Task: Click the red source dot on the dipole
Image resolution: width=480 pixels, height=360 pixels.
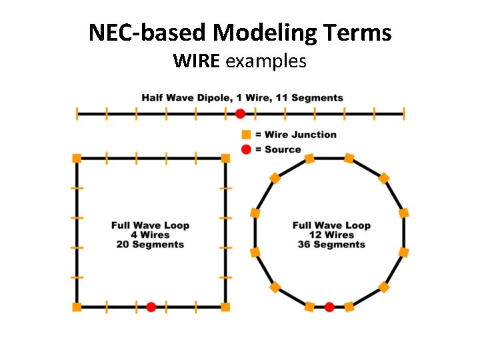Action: point(240,113)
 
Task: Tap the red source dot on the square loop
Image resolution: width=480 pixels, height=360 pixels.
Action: point(151,307)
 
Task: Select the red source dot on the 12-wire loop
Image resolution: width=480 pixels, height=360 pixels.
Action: point(329,307)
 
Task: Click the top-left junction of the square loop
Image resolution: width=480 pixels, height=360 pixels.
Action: point(77,158)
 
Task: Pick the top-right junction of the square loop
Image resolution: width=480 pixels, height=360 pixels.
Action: point(225,158)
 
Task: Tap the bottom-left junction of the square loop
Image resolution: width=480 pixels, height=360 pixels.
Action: point(77,307)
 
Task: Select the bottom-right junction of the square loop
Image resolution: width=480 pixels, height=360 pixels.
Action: point(225,307)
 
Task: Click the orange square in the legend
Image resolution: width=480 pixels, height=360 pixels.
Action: point(246,135)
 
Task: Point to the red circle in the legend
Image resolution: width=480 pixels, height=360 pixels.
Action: point(246,149)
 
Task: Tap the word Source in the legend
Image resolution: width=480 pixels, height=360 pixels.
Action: point(283,149)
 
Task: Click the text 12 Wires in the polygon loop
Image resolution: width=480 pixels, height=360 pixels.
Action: point(331,235)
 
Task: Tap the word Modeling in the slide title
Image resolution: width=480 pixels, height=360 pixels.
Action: point(280,32)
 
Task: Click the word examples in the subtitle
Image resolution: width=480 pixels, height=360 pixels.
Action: point(266,62)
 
